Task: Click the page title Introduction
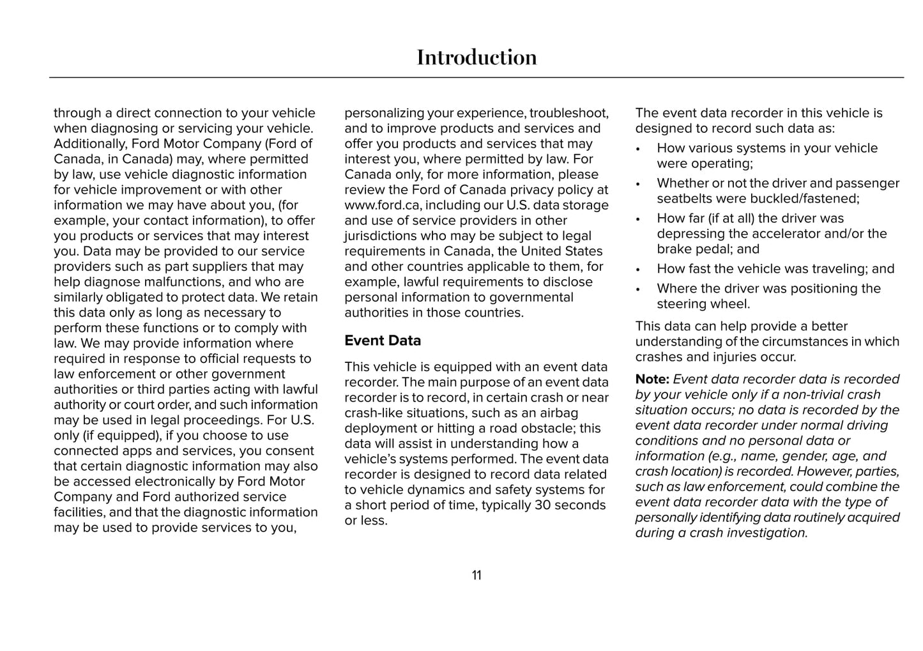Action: tap(477, 57)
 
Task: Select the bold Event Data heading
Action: tap(383, 341)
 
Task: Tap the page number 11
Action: tap(477, 576)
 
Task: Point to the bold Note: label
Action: tap(652, 379)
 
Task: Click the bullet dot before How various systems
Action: tap(638, 149)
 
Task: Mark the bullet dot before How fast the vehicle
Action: tap(638, 270)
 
